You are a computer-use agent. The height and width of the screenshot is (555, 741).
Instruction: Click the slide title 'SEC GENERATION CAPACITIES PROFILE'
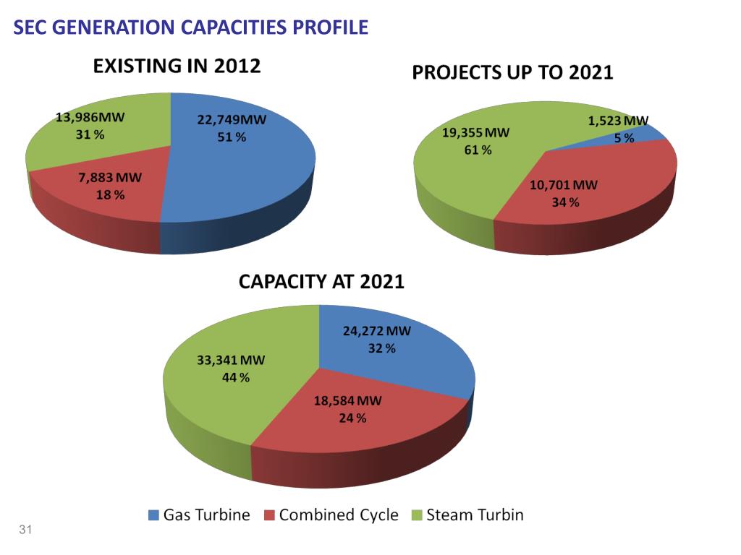pyautogui.click(x=192, y=28)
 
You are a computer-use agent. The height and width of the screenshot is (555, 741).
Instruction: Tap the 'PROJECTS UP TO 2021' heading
pyautogui.click(x=512, y=72)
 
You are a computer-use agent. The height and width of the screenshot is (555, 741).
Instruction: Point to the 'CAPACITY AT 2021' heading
pyautogui.click(x=321, y=282)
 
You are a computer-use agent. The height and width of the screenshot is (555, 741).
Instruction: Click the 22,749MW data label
pyautogui.click(x=232, y=120)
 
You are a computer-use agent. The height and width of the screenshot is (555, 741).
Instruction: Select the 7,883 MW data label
pyautogui.click(x=111, y=178)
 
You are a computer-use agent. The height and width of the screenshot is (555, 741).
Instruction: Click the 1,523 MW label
pyautogui.click(x=618, y=121)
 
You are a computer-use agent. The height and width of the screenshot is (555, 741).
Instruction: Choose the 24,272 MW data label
pyautogui.click(x=376, y=332)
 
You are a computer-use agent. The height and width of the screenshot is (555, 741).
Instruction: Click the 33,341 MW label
pyautogui.click(x=232, y=361)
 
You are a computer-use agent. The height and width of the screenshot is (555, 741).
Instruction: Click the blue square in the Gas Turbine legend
pyautogui.click(x=153, y=515)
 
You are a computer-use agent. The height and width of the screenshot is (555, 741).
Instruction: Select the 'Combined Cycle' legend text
pyautogui.click(x=339, y=515)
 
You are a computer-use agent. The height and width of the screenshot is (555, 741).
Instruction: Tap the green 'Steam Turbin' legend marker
pyautogui.click(x=416, y=515)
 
